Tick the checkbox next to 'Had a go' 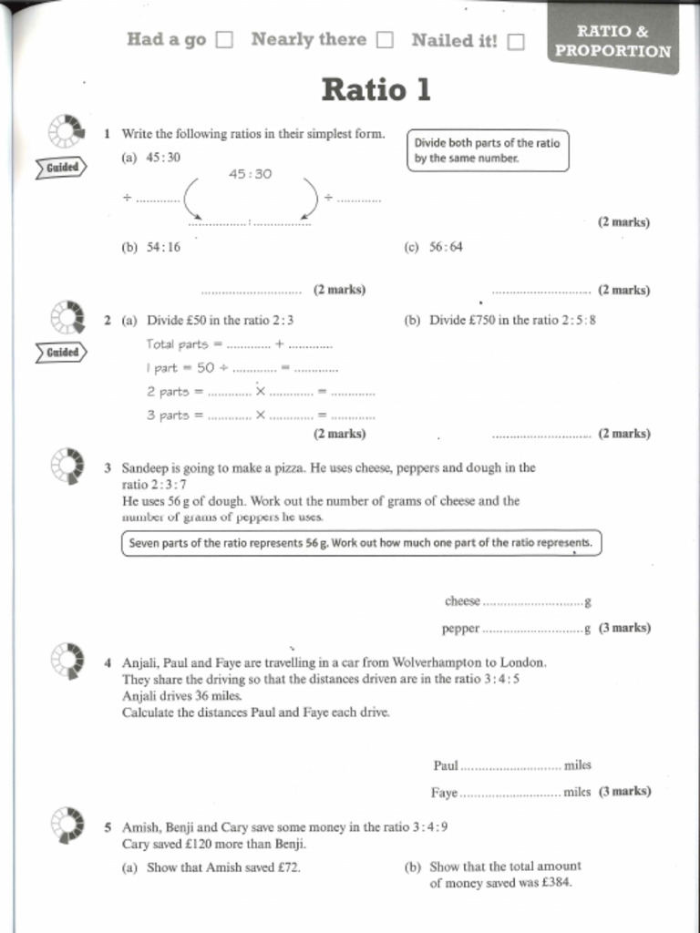coord(224,40)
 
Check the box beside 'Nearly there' coord(386,40)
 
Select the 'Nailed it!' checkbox coord(516,41)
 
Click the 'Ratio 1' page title coord(376,90)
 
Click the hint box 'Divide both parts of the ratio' coord(488,150)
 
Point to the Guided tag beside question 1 coord(62,168)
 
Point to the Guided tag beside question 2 coord(62,352)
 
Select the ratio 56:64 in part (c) coord(446,247)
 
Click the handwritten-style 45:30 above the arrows coord(250,173)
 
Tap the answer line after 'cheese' coord(532,603)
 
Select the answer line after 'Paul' coord(510,767)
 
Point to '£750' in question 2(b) coord(482,321)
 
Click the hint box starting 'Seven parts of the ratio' coord(361,543)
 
